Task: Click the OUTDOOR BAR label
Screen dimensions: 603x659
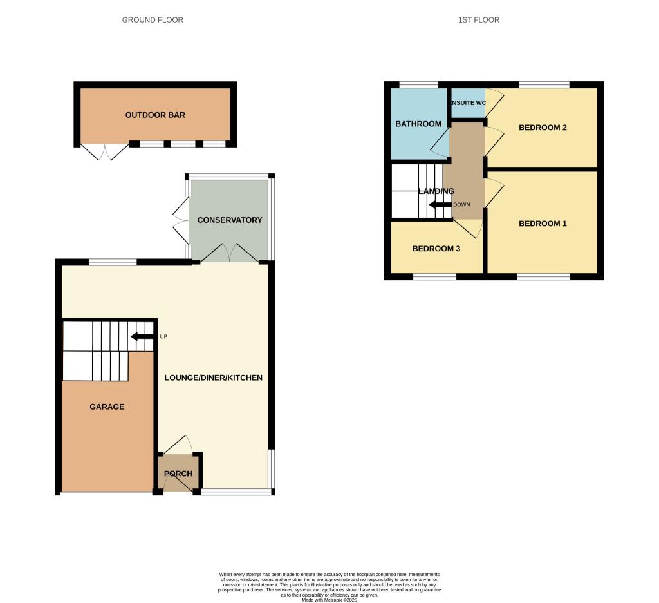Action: [155, 115]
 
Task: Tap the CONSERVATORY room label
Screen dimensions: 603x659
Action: [230, 220]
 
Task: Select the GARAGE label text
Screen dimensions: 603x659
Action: [107, 407]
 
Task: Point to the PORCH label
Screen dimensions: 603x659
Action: [178, 474]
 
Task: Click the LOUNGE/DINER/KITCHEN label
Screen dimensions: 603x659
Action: [214, 378]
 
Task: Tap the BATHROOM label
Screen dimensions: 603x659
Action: [418, 124]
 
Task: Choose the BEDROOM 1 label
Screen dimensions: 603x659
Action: [543, 224]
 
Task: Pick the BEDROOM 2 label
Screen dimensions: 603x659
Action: [543, 128]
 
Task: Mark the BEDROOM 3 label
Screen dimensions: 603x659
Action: [436, 249]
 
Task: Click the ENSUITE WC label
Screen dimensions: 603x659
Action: [468, 103]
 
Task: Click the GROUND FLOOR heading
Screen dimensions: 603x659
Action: [153, 20]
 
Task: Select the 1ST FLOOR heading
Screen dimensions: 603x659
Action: [479, 20]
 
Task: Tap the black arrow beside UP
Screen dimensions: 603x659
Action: [142, 336]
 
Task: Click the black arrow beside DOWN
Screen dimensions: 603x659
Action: [441, 205]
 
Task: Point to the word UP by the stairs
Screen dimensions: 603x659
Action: [163, 336]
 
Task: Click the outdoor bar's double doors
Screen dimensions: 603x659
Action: [105, 152]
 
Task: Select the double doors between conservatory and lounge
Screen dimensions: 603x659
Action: [230, 253]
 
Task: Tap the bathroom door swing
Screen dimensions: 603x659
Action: [440, 143]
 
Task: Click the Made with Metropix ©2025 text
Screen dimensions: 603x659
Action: [329, 600]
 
